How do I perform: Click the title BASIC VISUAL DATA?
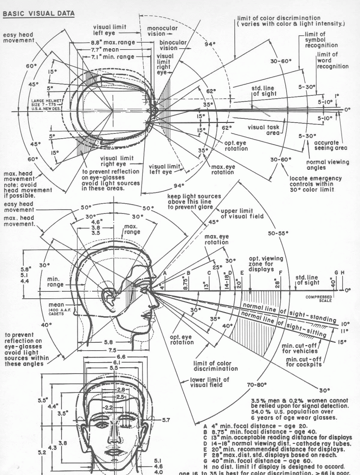[39, 13]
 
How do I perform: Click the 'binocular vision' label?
[173, 45]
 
